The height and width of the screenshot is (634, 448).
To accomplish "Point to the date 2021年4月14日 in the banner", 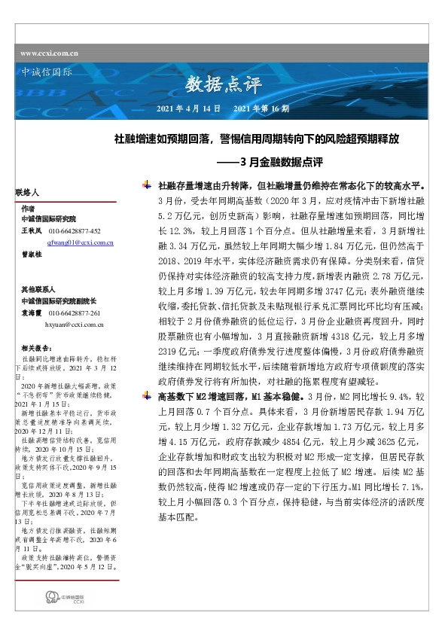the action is tap(188, 109).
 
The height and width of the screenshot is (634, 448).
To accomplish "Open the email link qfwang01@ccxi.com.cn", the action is tap(80, 244).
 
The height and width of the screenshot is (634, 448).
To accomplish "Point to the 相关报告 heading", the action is tap(35, 349).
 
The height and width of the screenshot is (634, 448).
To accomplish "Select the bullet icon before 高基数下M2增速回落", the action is tap(147, 395).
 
